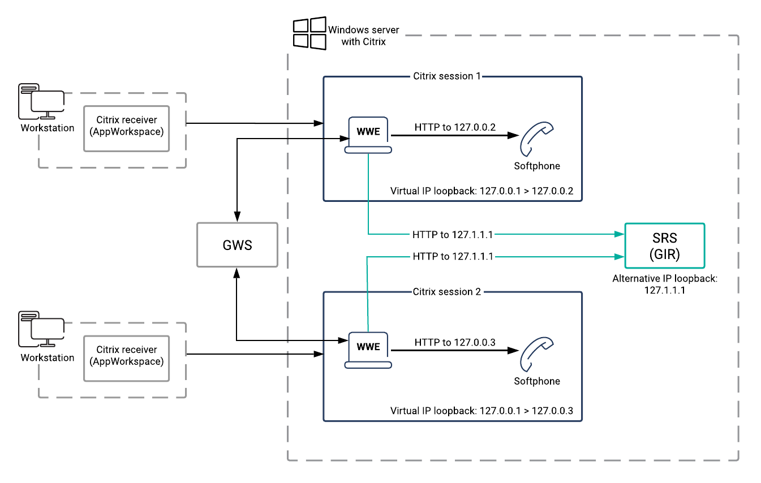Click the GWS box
[237, 244]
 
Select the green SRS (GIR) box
[664, 245]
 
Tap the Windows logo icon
[308, 33]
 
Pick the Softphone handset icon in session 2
[536, 354]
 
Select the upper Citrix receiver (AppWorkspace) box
[126, 128]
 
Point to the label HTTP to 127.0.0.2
[455, 127]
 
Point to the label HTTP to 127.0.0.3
[455, 342]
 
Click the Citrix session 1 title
[446, 76]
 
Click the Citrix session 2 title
[446, 292]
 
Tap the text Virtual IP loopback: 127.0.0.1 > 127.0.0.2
[481, 191]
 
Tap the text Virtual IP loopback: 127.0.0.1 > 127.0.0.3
[481, 411]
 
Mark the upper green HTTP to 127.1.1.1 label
[453, 233]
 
